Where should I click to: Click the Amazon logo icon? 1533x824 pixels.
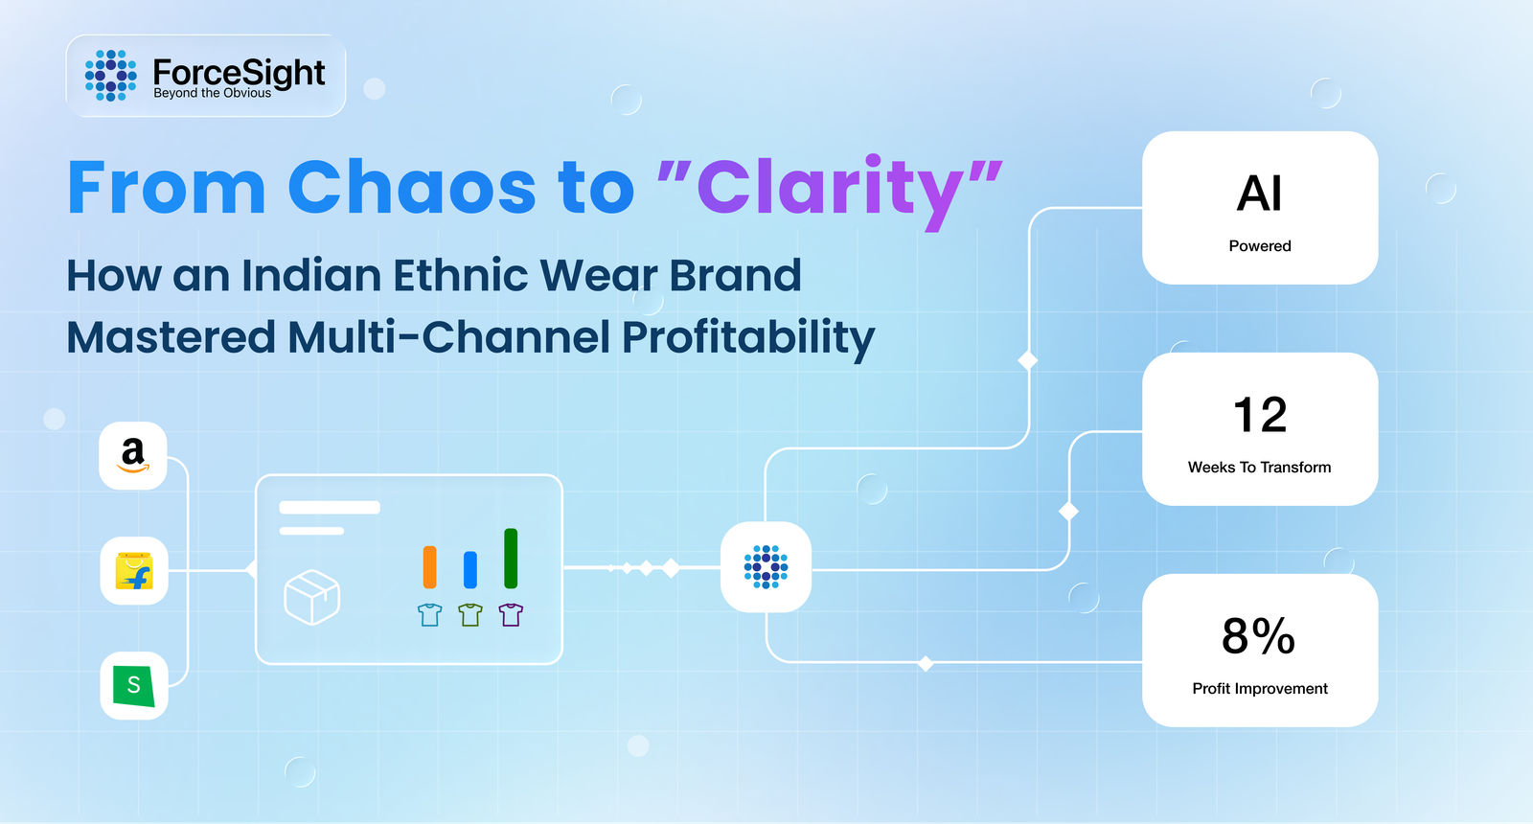click(x=133, y=456)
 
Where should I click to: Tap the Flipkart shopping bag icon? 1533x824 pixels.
click(x=134, y=571)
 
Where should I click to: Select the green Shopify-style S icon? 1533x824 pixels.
click(x=134, y=686)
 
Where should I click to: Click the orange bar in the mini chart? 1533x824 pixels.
click(x=430, y=566)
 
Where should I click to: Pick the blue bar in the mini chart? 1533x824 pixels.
click(x=470, y=569)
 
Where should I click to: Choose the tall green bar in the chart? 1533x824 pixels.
click(x=511, y=559)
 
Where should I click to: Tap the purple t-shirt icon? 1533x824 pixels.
click(x=511, y=614)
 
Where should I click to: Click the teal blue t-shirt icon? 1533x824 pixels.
click(x=430, y=614)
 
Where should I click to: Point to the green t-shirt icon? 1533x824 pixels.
click(x=470, y=614)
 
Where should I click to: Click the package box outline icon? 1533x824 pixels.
click(x=312, y=598)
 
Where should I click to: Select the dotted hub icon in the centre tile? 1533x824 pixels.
click(x=766, y=566)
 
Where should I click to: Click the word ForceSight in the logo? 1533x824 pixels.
click(x=239, y=72)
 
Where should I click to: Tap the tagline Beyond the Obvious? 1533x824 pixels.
click(x=212, y=93)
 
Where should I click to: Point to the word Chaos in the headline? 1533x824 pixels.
click(x=412, y=187)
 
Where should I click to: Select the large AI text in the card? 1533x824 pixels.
click(x=1259, y=193)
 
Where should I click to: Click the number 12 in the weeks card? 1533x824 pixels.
click(x=1259, y=415)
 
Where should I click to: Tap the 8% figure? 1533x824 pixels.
click(x=1259, y=636)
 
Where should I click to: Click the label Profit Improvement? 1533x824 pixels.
click(x=1260, y=689)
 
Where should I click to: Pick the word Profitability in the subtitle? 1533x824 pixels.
click(x=748, y=338)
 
